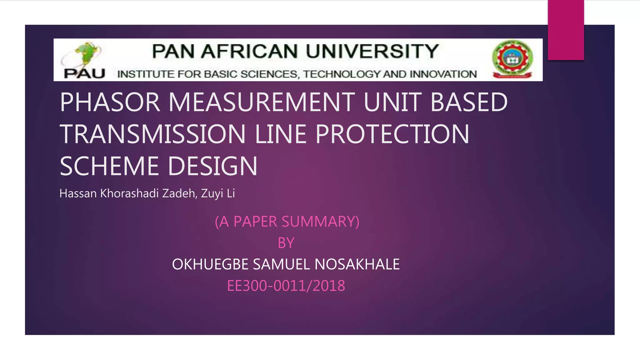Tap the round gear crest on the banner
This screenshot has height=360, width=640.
512,59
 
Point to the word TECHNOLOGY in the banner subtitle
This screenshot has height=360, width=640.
342,74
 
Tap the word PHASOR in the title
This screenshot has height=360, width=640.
110,102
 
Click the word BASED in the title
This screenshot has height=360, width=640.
469,102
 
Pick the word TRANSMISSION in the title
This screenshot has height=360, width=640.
152,134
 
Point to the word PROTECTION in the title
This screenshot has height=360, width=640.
392,134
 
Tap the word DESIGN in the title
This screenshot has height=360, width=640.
212,166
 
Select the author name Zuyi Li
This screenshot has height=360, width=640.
218,193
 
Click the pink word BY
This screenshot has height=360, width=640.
286,243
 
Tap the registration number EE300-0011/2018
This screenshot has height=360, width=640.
286,286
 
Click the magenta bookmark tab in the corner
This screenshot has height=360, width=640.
566,30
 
